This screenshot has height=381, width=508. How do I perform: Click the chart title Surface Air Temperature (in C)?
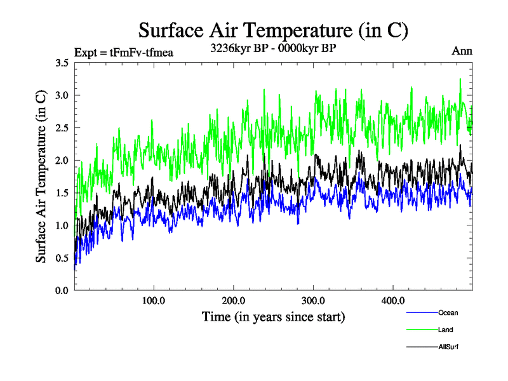273,30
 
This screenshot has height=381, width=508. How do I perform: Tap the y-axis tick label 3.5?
62,63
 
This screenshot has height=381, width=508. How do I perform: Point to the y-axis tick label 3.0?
62,95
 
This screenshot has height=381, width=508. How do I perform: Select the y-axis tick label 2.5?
62,128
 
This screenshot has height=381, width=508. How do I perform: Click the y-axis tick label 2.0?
62,161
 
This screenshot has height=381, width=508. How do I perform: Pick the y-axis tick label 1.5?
62,193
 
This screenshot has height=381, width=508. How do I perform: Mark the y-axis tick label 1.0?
62,225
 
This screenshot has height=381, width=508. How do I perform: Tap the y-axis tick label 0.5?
62,258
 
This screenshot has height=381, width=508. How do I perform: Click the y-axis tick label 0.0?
62,290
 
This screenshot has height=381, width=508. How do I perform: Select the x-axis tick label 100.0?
154,300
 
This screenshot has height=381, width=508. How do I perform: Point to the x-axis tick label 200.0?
234,300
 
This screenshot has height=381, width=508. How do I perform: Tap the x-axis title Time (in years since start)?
273,316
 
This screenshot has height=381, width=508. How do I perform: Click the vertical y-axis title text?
41,177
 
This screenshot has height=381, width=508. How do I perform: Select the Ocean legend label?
448,312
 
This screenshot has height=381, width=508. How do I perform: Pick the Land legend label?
445,330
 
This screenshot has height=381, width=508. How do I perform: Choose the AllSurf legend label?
448,347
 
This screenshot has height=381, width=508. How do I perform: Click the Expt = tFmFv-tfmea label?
124,52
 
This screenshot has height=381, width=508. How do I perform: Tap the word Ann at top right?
462,51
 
